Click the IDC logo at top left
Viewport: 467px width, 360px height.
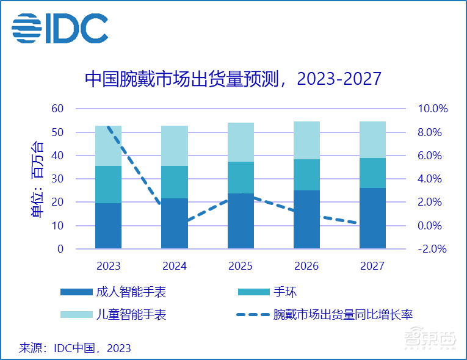tap(60, 27)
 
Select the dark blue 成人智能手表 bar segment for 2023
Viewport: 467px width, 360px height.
tap(108, 226)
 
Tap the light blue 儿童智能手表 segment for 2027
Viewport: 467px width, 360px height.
tap(372, 140)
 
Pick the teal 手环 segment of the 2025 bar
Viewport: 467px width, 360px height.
tap(241, 178)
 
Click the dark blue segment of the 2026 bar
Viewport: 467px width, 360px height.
tap(306, 220)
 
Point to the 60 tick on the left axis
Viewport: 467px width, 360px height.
tap(57, 109)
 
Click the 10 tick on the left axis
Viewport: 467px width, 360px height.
tap(57, 226)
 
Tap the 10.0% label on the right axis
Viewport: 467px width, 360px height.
tap(432, 109)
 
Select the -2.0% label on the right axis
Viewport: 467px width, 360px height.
tap(432, 249)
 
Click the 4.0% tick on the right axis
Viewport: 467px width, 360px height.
tap(432, 179)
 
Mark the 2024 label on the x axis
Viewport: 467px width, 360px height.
tap(174, 266)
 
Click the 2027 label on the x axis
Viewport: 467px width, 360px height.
tap(372, 266)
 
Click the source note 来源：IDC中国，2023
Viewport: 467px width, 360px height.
tap(75, 348)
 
